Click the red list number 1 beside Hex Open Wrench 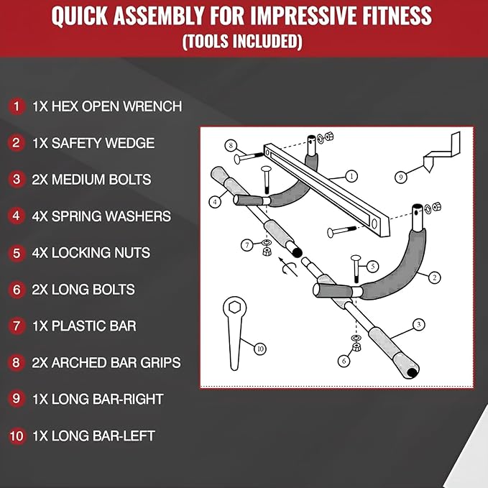coord(16,106)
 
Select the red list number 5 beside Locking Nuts coord(16,253)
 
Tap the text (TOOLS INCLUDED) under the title coord(241,42)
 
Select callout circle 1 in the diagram coord(351,175)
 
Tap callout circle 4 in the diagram coord(216,203)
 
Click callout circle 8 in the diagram coord(231,145)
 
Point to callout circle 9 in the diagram coord(402,175)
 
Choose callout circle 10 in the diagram coord(260,349)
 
